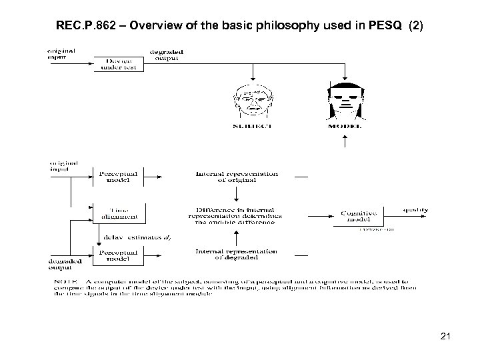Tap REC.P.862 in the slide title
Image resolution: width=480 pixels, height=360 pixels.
(x=89, y=29)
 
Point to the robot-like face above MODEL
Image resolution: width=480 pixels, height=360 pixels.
(x=343, y=99)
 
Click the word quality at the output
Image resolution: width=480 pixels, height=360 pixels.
(x=415, y=210)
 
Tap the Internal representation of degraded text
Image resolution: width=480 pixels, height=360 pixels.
(x=237, y=254)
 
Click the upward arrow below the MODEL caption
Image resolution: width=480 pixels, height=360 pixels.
(x=344, y=140)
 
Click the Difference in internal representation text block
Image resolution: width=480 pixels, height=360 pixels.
(x=237, y=215)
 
